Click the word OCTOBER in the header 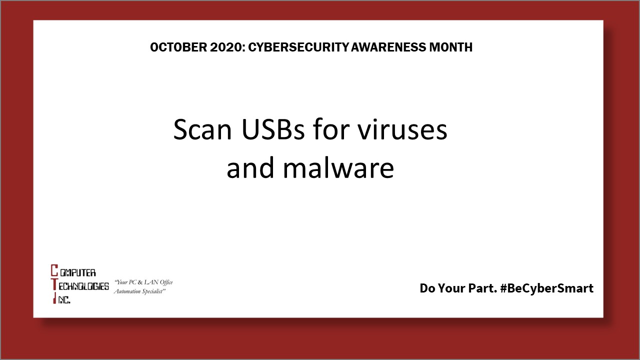coord(172,47)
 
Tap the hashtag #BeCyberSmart coord(546,288)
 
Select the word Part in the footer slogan coord(482,288)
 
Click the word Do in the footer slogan coord(428,288)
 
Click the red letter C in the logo coord(54,272)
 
